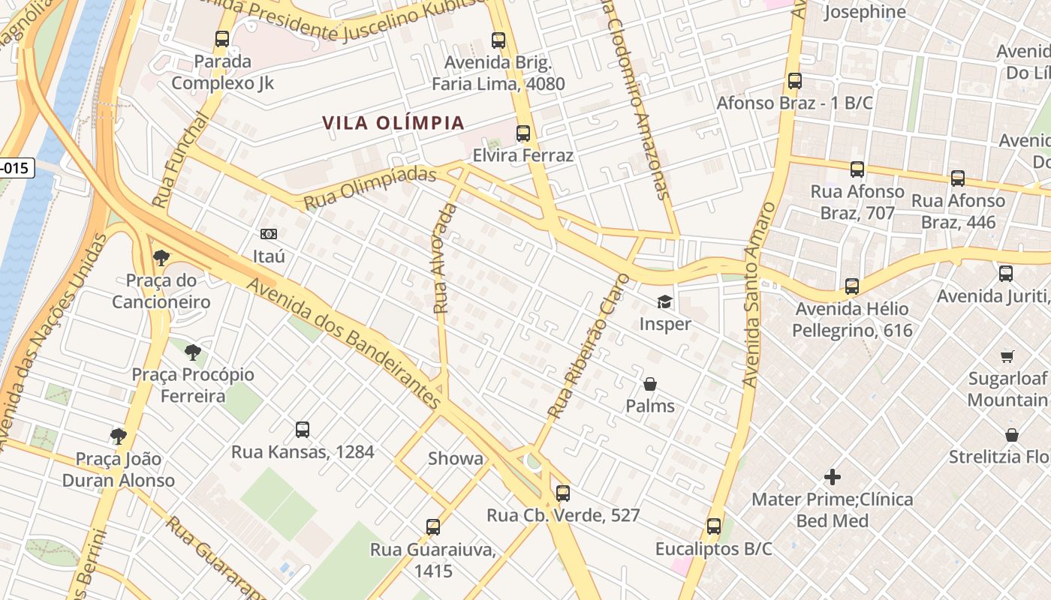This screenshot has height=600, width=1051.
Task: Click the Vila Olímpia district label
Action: coord(393,123)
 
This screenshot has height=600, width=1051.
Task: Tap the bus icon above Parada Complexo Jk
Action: coord(222,39)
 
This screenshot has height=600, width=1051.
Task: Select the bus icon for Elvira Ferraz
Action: coord(523,133)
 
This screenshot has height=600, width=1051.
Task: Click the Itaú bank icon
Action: coord(269,234)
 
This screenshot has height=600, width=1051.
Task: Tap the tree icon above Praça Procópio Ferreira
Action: coord(193,352)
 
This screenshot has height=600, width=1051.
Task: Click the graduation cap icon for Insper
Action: coord(665,301)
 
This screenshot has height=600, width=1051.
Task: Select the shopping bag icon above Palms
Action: coord(650,384)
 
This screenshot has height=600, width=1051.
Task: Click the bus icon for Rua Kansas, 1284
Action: coord(303,430)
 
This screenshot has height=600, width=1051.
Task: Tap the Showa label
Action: coord(456,458)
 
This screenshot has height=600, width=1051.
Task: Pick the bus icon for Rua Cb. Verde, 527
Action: coord(563,493)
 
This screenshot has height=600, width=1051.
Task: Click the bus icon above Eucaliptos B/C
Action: coord(714,526)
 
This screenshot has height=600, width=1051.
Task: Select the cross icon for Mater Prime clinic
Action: coord(833,476)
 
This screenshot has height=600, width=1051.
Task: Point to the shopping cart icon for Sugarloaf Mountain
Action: coord(1007,356)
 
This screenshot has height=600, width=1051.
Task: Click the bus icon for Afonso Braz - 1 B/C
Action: coord(795,80)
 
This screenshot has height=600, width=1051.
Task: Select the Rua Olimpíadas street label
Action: coord(370,188)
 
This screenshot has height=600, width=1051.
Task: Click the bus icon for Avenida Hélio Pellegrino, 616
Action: coord(852,286)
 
